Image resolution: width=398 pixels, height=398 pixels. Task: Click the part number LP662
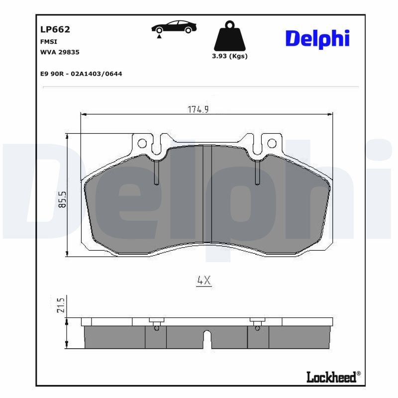(55, 29)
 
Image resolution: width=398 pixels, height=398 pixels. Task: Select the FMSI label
(48, 42)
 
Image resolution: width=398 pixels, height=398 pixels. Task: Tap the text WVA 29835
(60, 52)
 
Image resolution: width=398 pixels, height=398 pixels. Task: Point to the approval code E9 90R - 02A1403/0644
(81, 74)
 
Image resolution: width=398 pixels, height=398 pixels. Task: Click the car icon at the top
(174, 28)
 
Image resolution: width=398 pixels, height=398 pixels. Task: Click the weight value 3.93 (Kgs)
(229, 56)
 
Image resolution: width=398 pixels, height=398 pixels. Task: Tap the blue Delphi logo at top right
(317, 39)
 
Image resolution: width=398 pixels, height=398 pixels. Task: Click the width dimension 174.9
(198, 110)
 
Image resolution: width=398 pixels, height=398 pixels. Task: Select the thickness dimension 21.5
(61, 304)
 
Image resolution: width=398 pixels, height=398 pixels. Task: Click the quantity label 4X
(204, 281)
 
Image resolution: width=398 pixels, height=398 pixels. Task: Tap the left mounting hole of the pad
(142, 144)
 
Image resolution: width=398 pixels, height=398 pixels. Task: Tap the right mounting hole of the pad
(272, 144)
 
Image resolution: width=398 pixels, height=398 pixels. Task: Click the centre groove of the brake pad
(207, 194)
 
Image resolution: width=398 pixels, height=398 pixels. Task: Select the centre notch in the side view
(207, 339)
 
